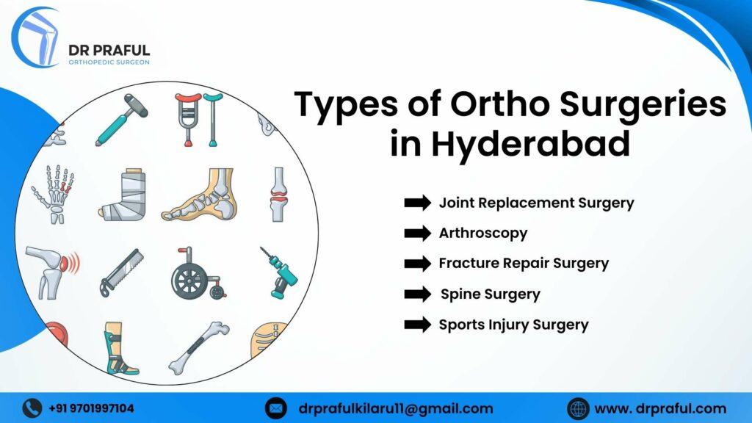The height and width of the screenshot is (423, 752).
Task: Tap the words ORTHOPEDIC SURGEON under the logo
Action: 109,62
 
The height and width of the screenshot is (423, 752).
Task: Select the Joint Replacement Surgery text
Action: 536,203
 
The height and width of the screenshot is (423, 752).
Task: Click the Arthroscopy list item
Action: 483,234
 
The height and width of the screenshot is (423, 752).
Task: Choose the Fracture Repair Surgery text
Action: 524,263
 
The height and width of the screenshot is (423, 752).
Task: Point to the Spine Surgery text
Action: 490,294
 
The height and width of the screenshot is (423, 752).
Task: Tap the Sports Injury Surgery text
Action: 513,325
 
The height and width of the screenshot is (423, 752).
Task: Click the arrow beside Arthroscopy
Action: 418,234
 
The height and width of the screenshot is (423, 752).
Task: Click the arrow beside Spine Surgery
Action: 418,294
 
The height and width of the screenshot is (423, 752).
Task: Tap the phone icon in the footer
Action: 32,408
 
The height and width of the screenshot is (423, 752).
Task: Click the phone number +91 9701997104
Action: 92,408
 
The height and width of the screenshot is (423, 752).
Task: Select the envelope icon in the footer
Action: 275,408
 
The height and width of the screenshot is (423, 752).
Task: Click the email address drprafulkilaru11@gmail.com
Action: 396,408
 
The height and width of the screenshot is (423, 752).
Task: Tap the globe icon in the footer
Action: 578,408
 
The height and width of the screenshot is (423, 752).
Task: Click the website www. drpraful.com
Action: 660,408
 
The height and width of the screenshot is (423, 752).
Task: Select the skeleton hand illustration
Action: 53,194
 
